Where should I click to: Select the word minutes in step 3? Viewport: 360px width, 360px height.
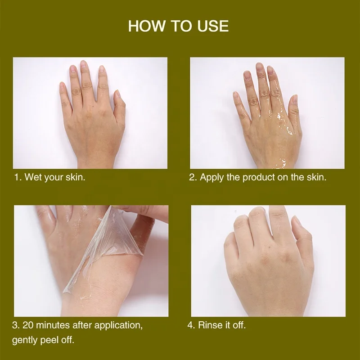53,325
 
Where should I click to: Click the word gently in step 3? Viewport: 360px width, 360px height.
25,340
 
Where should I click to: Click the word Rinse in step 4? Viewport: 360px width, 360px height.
209,325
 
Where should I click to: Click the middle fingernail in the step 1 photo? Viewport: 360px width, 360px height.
83,64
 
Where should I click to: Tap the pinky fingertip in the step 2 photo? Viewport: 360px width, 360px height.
235,94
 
